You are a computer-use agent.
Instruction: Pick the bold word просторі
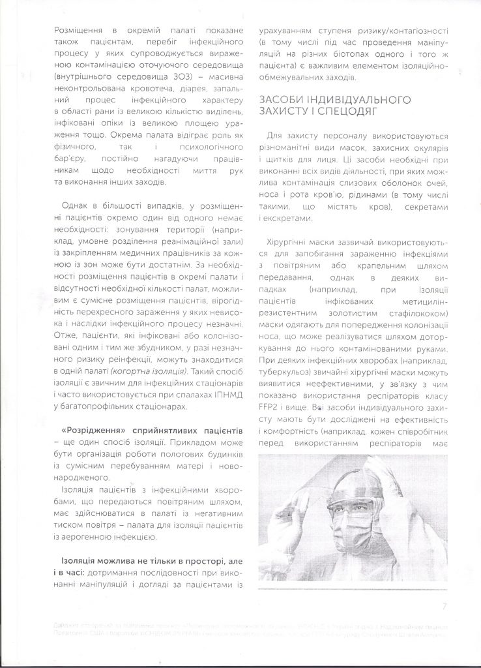pos(188,562)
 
